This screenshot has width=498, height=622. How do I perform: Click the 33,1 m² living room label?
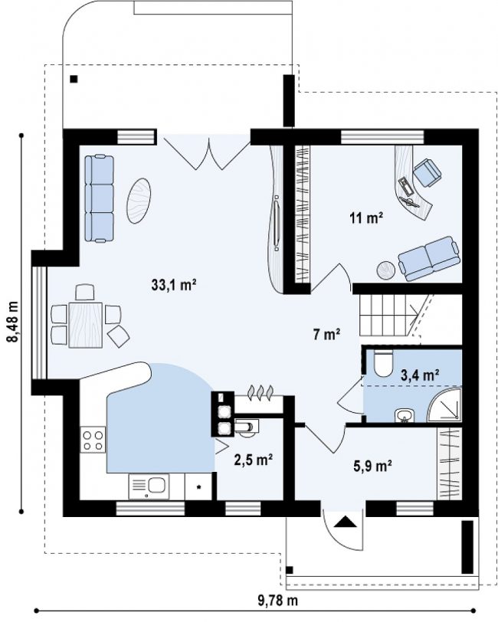tap(174, 284)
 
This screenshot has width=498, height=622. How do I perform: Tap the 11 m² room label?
tap(366, 218)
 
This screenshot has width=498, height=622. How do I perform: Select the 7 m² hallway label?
tap(326, 335)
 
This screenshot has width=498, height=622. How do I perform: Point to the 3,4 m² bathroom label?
tap(420, 375)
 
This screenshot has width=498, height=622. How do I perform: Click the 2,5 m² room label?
tap(253, 460)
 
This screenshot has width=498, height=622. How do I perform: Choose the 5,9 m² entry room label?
tap(373, 465)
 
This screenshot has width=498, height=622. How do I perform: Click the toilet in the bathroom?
tap(383, 362)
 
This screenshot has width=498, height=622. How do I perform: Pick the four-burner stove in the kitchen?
tap(93, 440)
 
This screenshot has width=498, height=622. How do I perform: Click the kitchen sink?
tap(149, 486)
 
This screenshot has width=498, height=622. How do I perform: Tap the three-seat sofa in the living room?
tap(99, 198)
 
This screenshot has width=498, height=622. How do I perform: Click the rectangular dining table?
tap(85, 325)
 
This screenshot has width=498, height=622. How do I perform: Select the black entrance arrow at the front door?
tap(343, 521)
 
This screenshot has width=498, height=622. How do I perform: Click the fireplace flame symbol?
tap(260, 391)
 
